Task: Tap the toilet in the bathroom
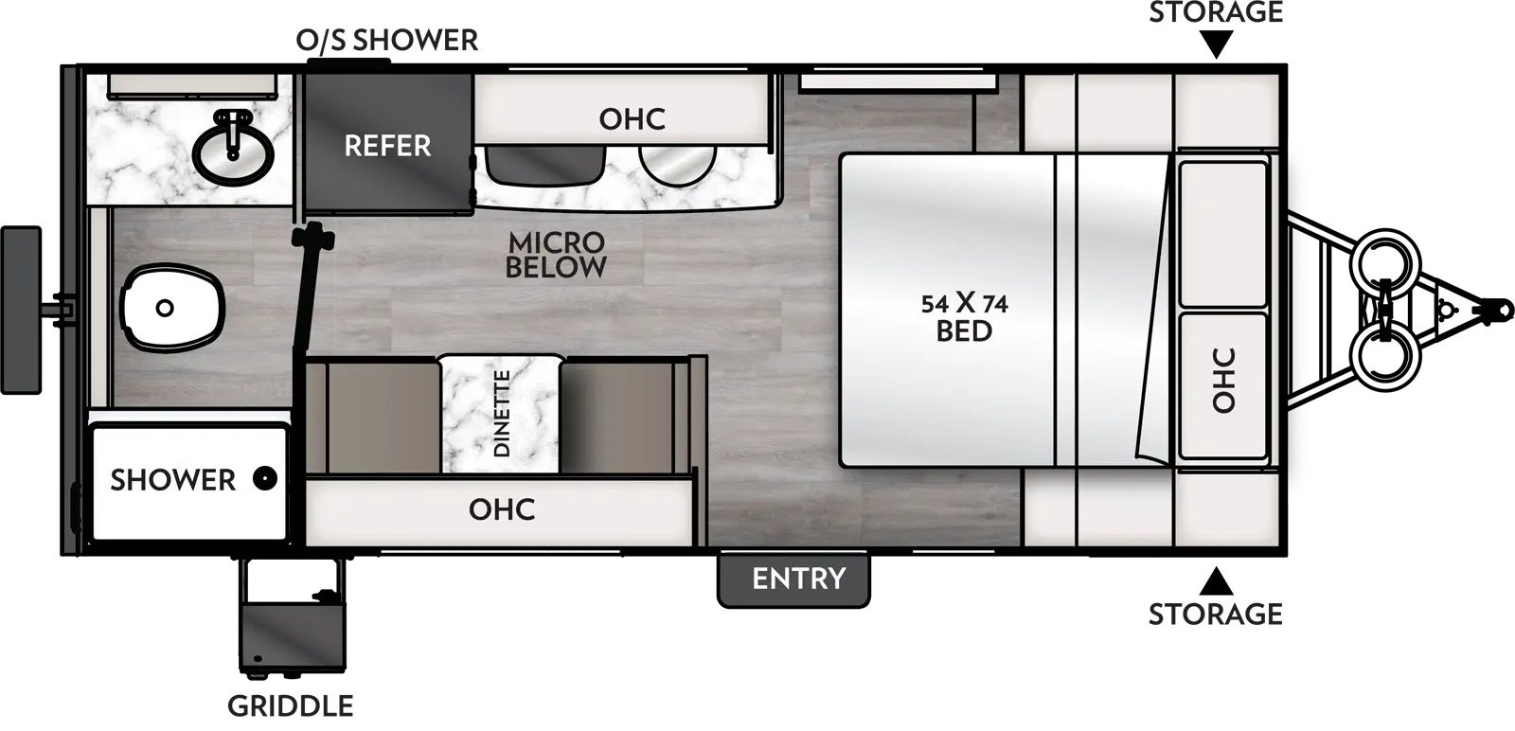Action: (172, 307)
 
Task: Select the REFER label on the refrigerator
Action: (386, 146)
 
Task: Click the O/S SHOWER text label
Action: (386, 41)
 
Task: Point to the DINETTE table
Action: (501, 415)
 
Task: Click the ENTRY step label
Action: (797, 578)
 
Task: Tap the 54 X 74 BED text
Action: (964, 317)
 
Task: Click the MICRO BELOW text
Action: (556, 255)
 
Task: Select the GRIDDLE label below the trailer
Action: (290, 705)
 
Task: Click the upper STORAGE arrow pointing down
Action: (1217, 44)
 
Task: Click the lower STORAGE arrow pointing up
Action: (1217, 580)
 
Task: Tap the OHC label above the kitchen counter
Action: (632, 119)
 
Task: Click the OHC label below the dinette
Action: (501, 509)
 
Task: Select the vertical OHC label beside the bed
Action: (1224, 381)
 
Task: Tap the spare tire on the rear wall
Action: (21, 310)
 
